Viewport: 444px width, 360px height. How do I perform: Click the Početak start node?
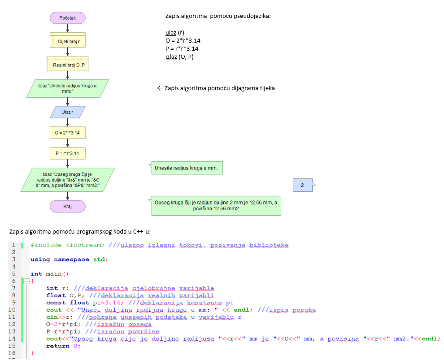tap(67, 18)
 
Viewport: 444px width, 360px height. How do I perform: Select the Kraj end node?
tap(67, 206)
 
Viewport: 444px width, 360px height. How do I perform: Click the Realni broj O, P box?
tap(67, 65)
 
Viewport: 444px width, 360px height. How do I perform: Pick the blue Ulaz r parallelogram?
tap(67, 112)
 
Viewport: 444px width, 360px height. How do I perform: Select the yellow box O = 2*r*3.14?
tap(67, 133)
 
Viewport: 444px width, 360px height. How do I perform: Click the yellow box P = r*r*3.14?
tap(67, 153)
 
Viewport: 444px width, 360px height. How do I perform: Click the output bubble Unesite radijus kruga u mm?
tap(186, 169)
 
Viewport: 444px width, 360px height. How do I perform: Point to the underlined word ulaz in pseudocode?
tap(171, 33)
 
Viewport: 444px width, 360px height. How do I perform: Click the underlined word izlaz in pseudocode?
tap(171, 57)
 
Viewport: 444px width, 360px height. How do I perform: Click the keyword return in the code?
tap(57, 346)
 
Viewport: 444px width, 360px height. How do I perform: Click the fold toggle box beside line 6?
tap(26, 281)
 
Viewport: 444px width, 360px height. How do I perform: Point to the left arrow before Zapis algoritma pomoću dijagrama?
tap(160, 88)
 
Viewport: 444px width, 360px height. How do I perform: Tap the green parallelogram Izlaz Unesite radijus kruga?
tap(67, 88)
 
